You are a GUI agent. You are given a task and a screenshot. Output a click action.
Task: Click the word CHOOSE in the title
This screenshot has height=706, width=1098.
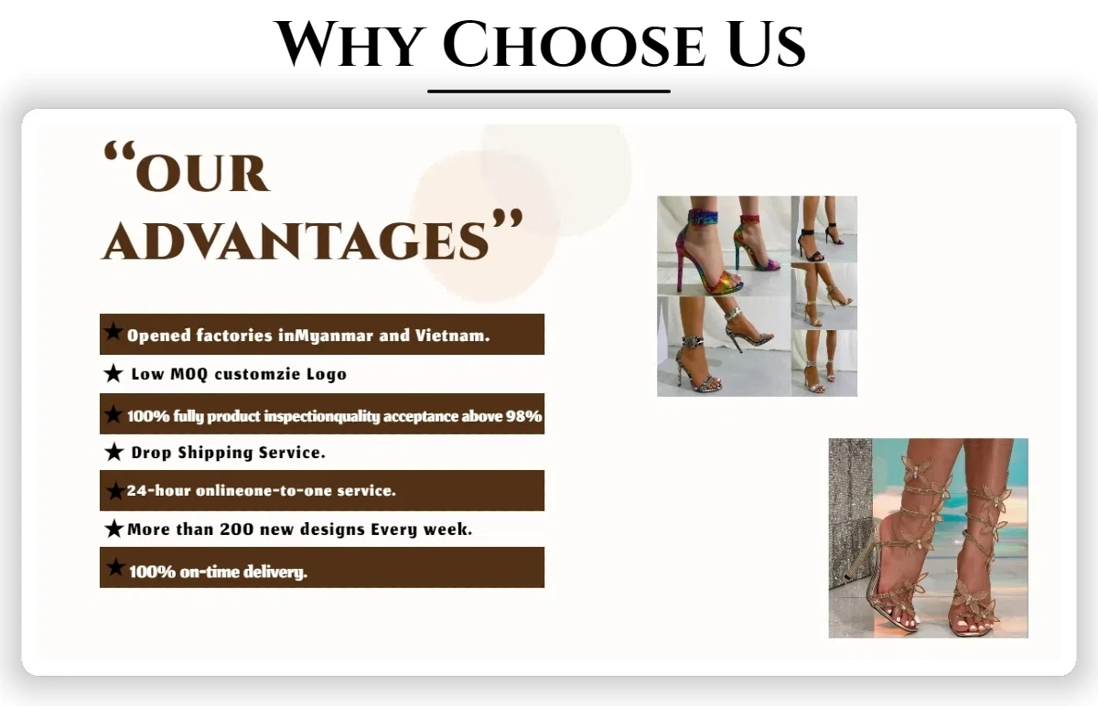click(575, 44)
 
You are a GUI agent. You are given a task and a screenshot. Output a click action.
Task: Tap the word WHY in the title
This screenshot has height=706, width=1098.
click(350, 44)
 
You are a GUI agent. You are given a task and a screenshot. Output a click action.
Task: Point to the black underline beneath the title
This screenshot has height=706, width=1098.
click(548, 91)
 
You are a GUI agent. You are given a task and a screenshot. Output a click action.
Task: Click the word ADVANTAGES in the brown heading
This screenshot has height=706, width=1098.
click(296, 241)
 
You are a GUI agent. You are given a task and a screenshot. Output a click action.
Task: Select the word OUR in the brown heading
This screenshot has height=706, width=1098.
click(201, 174)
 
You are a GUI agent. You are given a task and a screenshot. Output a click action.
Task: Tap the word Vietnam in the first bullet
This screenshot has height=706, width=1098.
click(452, 335)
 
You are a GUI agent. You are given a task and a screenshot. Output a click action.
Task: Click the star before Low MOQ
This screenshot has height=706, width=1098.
click(113, 373)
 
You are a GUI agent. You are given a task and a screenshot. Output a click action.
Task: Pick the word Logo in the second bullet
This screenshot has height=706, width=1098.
click(327, 375)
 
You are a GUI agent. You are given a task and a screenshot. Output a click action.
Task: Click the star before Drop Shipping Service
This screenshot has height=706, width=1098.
click(113, 452)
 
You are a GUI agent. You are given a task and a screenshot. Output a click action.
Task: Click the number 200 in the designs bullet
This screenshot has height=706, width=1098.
click(237, 529)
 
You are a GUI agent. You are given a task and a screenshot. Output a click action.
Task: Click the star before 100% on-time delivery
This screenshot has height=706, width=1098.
click(115, 567)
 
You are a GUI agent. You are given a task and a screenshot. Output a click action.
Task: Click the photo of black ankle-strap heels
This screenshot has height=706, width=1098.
click(824, 229)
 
